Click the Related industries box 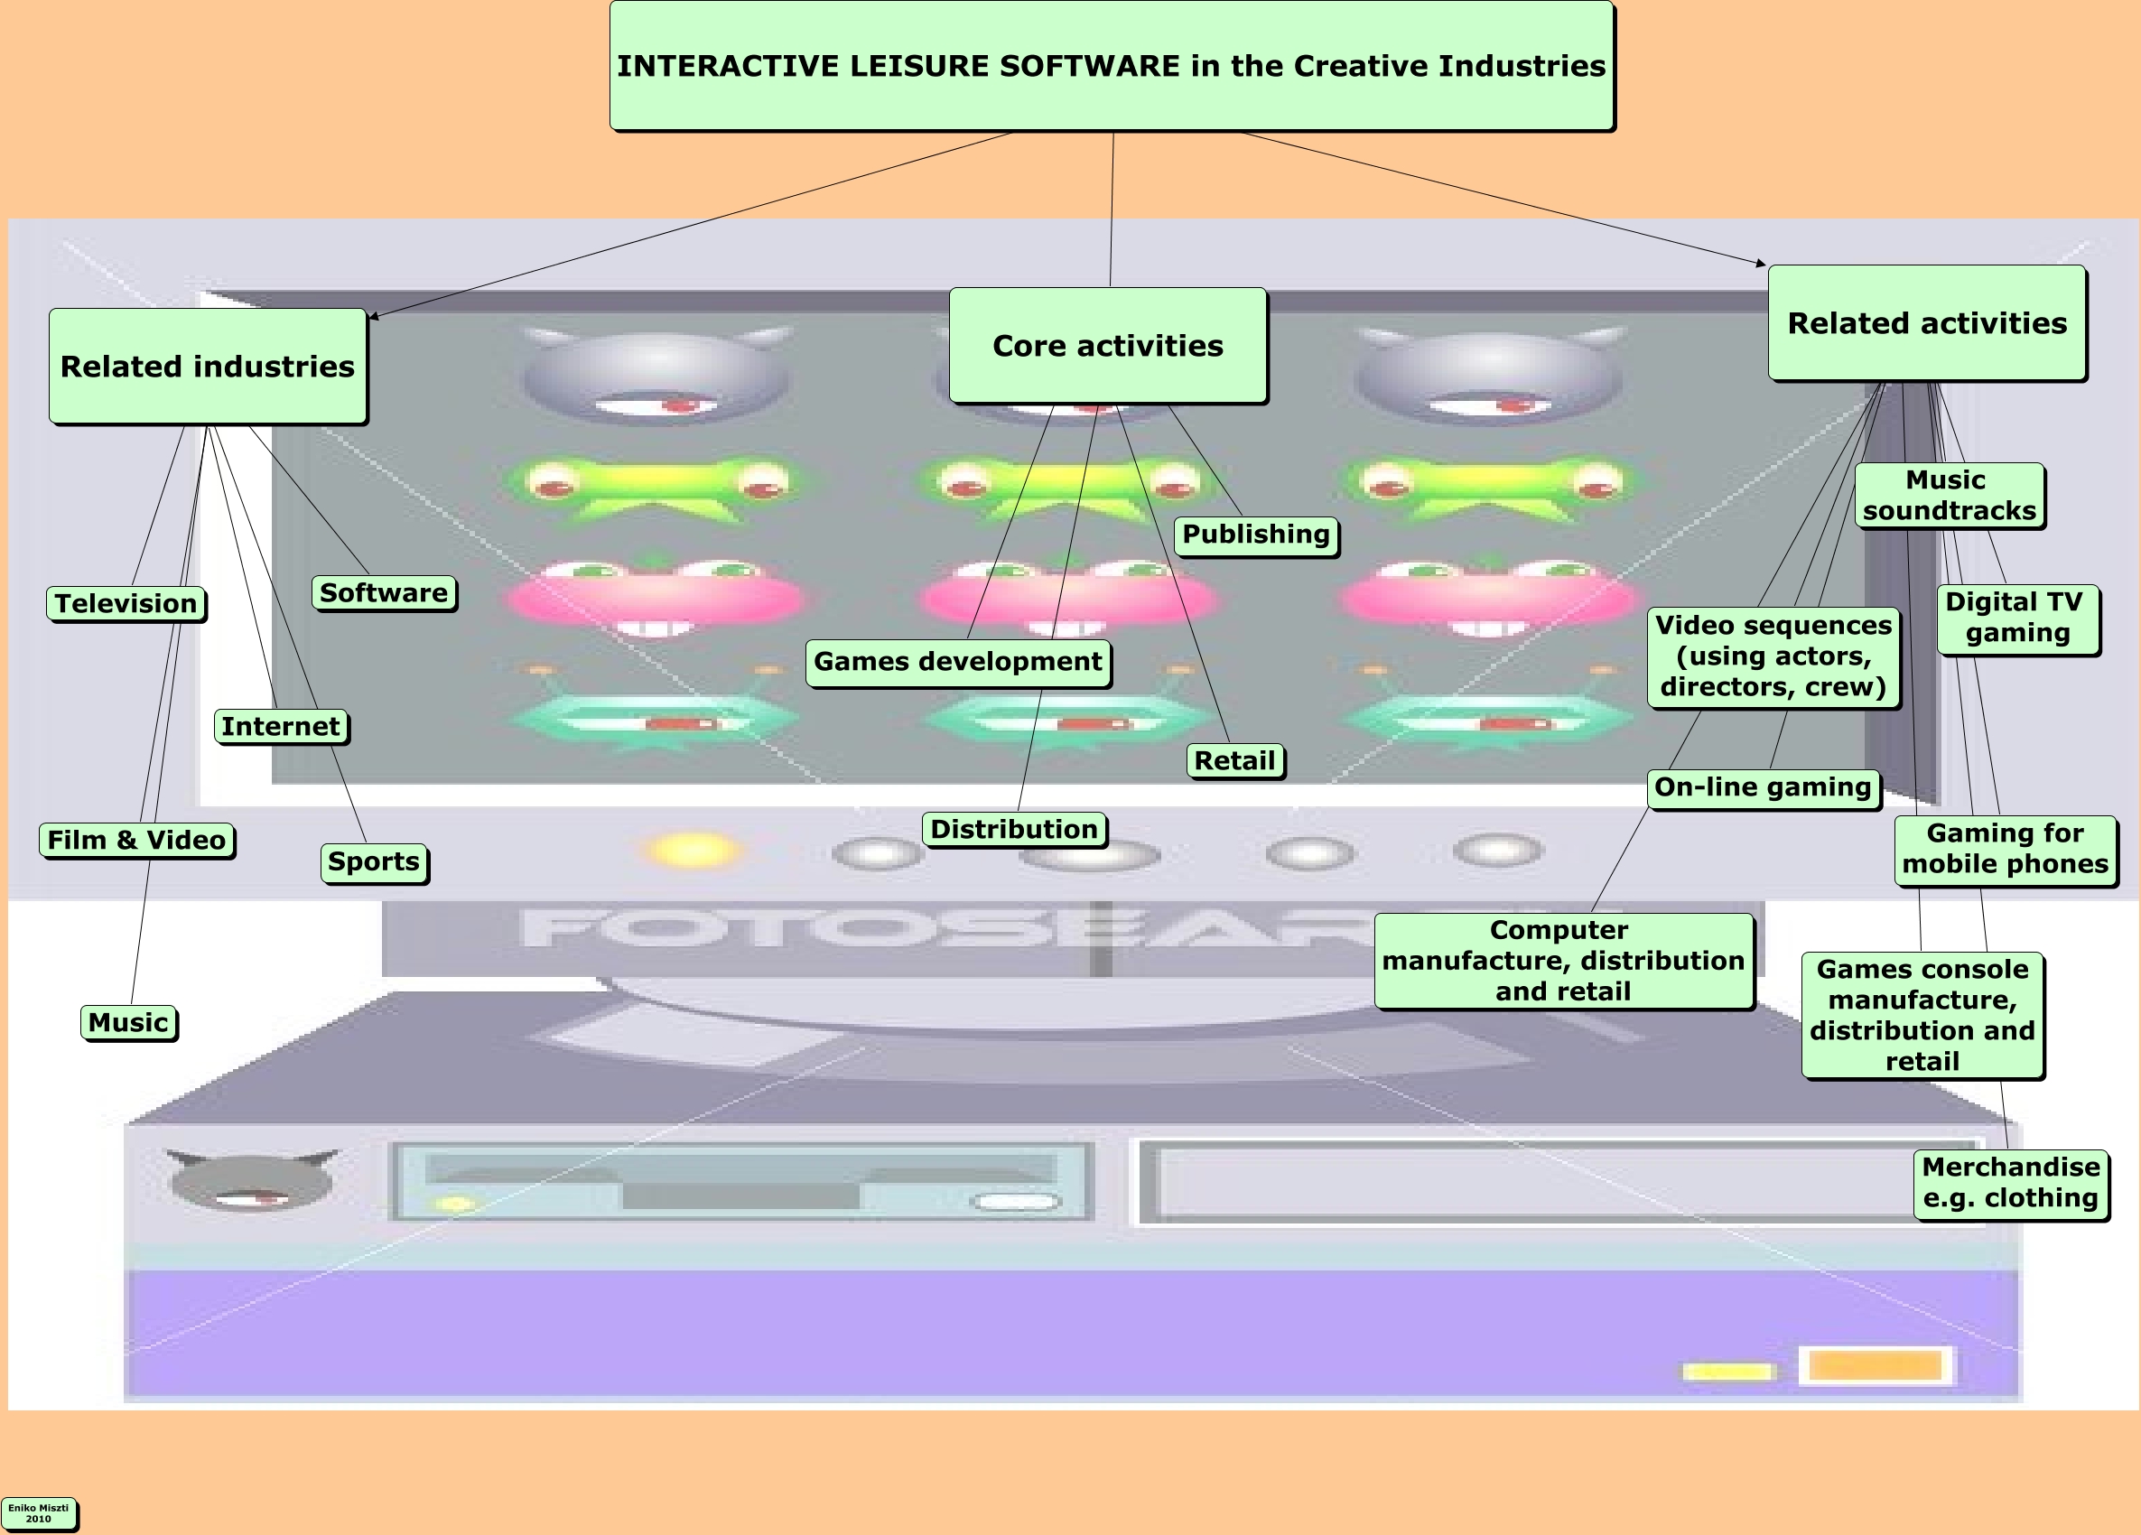click(x=208, y=367)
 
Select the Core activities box click(x=1107, y=346)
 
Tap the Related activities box click(x=1927, y=323)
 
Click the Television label click(x=126, y=603)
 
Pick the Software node click(x=383, y=593)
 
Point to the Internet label click(x=280, y=726)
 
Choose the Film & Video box click(x=137, y=839)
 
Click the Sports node click(x=374, y=862)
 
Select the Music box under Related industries click(x=128, y=1022)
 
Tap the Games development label click(x=958, y=662)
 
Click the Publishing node click(x=1255, y=535)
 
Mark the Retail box click(x=1234, y=760)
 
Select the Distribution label click(x=1015, y=829)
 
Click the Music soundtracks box click(x=1950, y=495)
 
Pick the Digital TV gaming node click(x=2017, y=618)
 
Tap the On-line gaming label click(x=1763, y=787)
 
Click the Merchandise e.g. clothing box click(x=2011, y=1182)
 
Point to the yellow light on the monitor click(x=693, y=850)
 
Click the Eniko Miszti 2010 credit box click(x=39, y=1512)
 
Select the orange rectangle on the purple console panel click(x=1875, y=1365)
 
